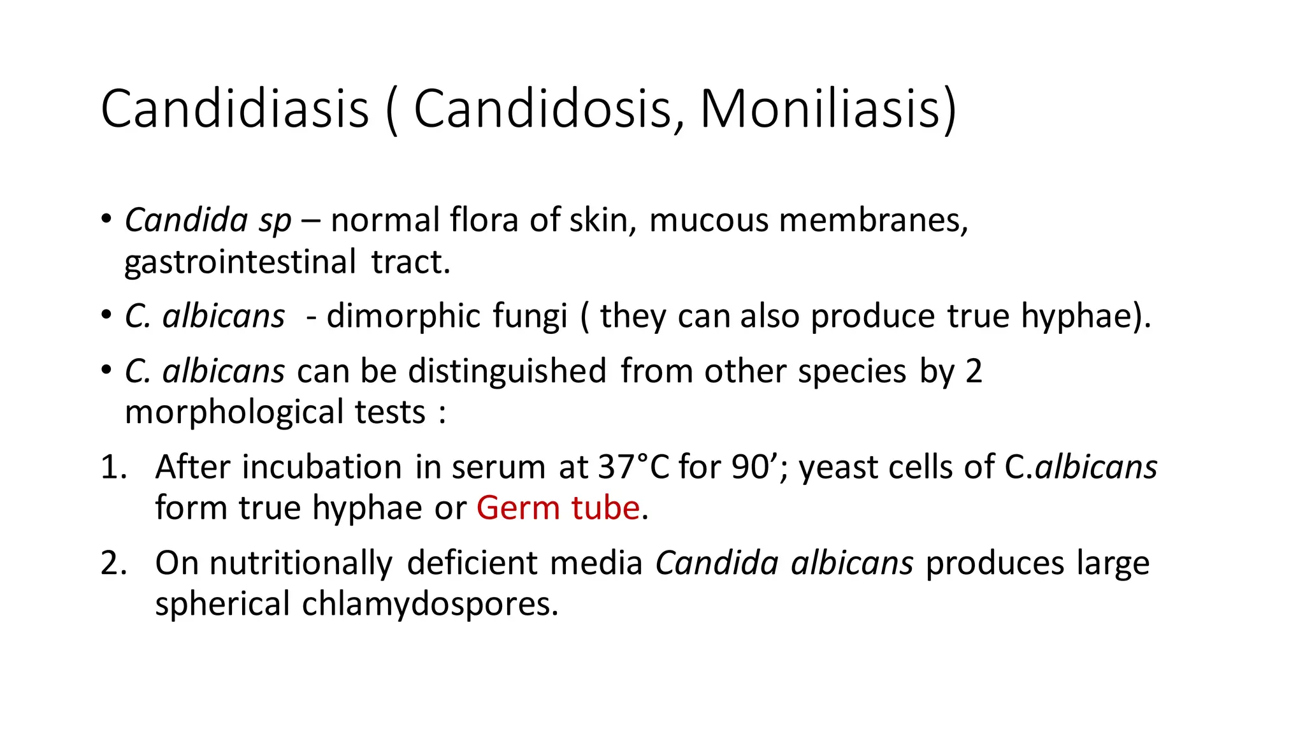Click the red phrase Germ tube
[x=558, y=508]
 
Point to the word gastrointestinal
[x=240, y=263]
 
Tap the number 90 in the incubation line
[x=750, y=467]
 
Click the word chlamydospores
[x=429, y=604]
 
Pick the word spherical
[x=222, y=604]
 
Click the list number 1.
[x=113, y=467]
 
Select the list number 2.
[x=113, y=563]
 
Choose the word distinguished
[x=507, y=371]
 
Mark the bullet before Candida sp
[x=106, y=219]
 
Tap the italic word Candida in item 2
[x=717, y=563]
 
